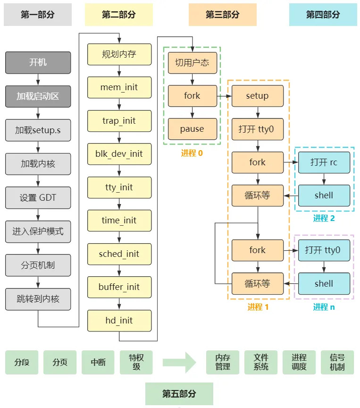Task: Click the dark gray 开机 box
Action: tap(38, 62)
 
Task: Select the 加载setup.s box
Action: tap(38, 130)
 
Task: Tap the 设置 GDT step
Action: tap(38, 197)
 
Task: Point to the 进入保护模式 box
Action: tap(38, 231)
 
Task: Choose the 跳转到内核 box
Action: tap(38, 299)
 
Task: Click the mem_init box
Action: tap(119, 87)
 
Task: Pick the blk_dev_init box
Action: tap(119, 154)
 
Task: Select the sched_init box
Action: tap(119, 254)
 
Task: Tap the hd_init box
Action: tap(119, 321)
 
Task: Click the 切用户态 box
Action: tap(192, 62)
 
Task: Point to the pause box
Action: tap(192, 129)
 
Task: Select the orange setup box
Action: tap(257, 96)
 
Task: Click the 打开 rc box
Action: tap(324, 162)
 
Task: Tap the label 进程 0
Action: tap(192, 153)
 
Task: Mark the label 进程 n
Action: tap(324, 307)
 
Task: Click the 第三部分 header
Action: tap(223, 15)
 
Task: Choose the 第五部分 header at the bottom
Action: tap(179, 394)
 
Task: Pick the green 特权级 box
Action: tap(136, 362)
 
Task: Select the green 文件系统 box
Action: tap(261, 362)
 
